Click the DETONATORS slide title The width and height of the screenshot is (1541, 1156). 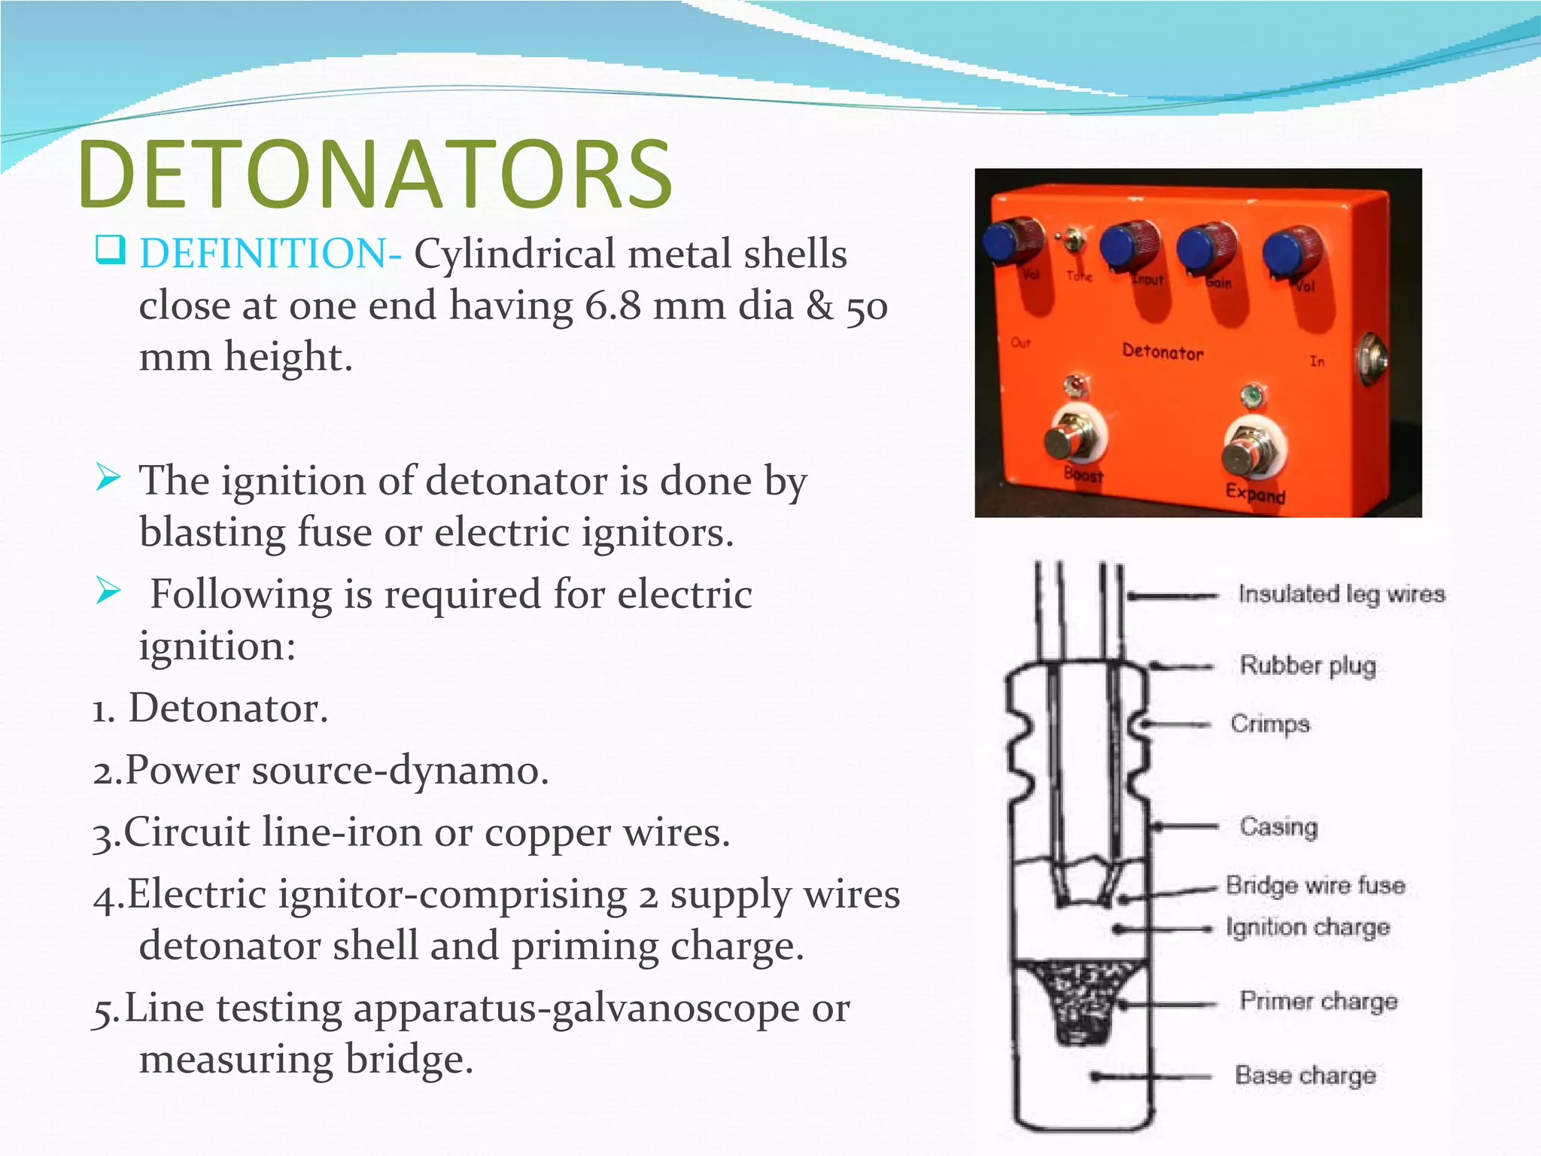click(x=374, y=175)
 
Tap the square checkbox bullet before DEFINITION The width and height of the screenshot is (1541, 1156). click(x=110, y=250)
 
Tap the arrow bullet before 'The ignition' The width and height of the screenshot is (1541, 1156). click(x=108, y=478)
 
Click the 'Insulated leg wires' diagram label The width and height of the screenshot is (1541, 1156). click(x=1342, y=595)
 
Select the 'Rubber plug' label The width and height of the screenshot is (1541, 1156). click(x=1308, y=665)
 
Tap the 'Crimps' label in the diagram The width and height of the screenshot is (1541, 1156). click(x=1270, y=724)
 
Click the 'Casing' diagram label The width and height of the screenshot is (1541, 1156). click(x=1278, y=826)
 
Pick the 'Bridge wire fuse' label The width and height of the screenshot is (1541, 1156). click(x=1315, y=885)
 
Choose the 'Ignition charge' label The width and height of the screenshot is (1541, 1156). click(x=1308, y=927)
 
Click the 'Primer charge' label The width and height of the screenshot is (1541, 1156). click(x=1318, y=1001)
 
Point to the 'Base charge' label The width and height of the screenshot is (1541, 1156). click(x=1305, y=1075)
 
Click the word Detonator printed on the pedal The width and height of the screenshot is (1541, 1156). click(x=1163, y=351)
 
